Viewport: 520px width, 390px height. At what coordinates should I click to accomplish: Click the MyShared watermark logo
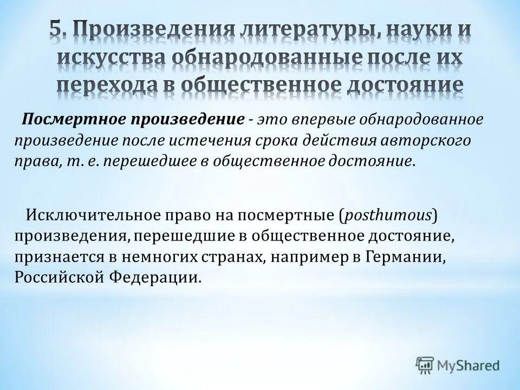tap(458, 364)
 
